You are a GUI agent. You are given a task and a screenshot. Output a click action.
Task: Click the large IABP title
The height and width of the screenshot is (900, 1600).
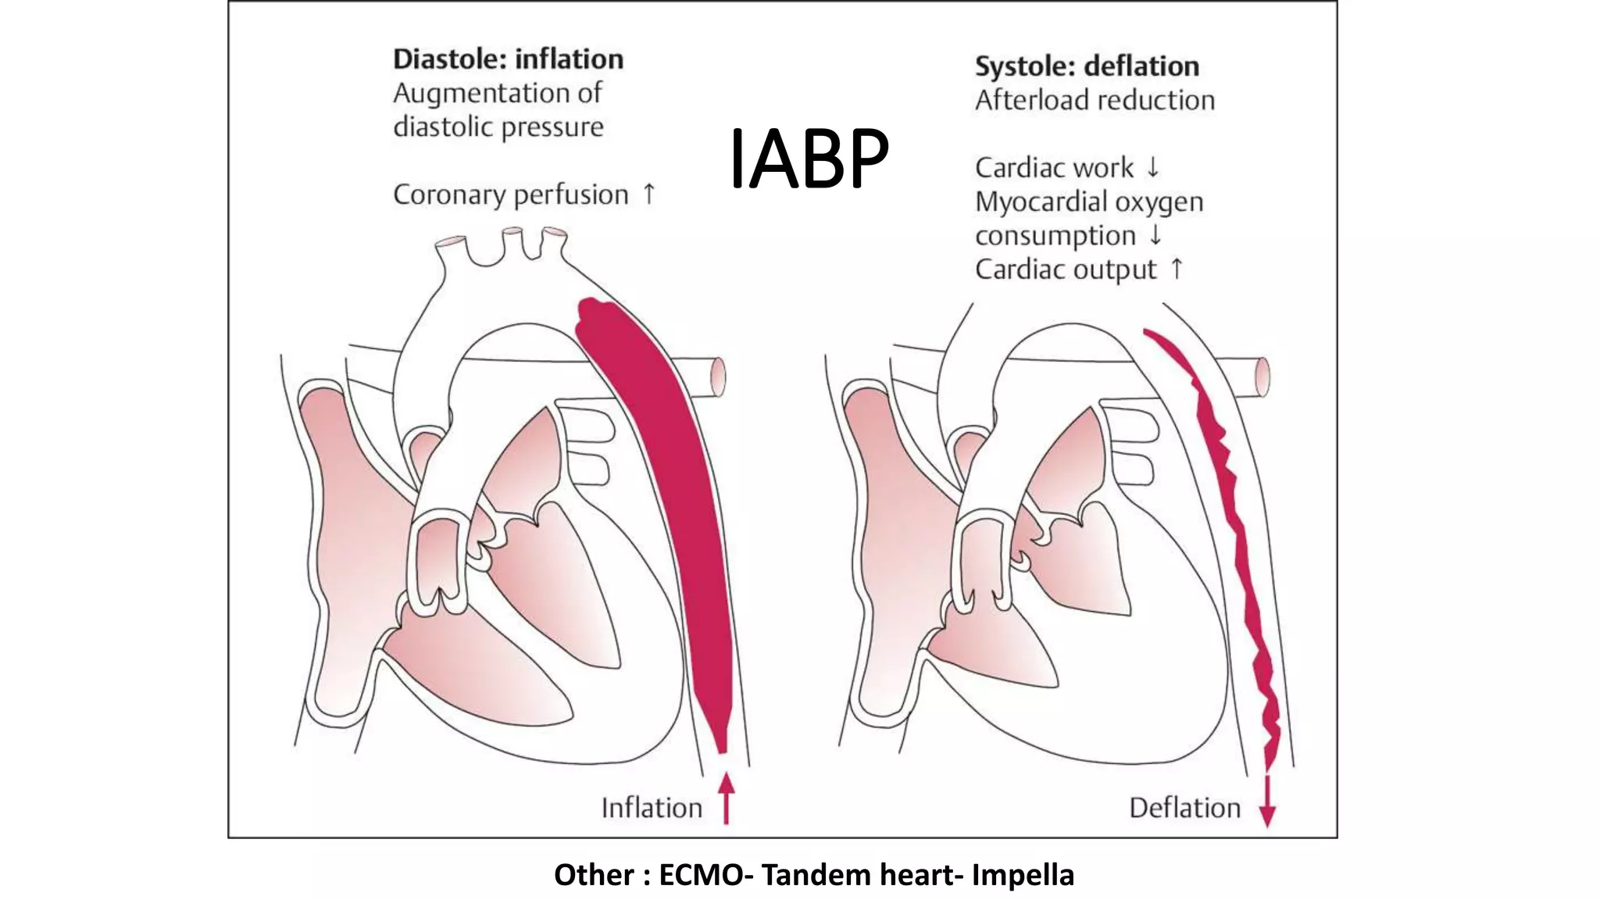(809, 159)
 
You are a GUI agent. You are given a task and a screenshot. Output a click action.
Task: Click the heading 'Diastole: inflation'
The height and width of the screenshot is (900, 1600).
(508, 59)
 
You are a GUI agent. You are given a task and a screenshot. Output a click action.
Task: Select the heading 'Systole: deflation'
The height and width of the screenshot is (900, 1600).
(1087, 66)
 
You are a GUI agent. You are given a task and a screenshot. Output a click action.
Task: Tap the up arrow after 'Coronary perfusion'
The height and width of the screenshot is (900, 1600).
(648, 193)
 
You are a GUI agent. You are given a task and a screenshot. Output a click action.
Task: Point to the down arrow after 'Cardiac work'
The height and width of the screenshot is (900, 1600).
(1152, 166)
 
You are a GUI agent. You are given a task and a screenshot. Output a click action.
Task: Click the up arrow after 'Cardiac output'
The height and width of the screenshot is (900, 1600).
(1177, 269)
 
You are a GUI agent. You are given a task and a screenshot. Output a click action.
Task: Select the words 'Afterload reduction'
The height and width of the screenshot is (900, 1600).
(1095, 100)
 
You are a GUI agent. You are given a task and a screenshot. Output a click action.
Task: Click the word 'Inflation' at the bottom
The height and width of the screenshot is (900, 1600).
(652, 808)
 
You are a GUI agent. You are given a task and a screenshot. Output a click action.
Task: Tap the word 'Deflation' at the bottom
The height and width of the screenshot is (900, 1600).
(1184, 808)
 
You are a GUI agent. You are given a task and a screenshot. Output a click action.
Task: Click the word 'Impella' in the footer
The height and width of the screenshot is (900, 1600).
(1023, 875)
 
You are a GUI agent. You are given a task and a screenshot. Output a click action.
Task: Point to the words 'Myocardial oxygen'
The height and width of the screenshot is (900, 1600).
(1088, 202)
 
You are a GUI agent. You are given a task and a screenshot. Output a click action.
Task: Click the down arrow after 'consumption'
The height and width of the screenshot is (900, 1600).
(1155, 234)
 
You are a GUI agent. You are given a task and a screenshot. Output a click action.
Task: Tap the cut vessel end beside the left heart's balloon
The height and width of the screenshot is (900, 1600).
(716, 377)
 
